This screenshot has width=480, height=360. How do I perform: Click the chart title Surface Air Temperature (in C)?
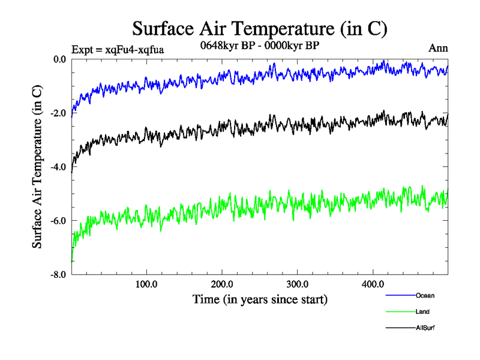(260, 28)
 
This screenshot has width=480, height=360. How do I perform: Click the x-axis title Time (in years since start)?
(260, 298)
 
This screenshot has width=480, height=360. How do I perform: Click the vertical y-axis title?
(37, 167)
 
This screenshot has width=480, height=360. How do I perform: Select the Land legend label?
(422, 311)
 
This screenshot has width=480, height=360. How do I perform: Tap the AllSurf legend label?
(425, 328)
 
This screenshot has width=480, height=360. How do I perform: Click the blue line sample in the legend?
(399, 295)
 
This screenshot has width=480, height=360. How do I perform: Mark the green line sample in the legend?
(399, 311)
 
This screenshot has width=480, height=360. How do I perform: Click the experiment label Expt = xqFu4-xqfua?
(118, 49)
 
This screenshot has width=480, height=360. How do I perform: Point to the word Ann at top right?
(438, 49)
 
